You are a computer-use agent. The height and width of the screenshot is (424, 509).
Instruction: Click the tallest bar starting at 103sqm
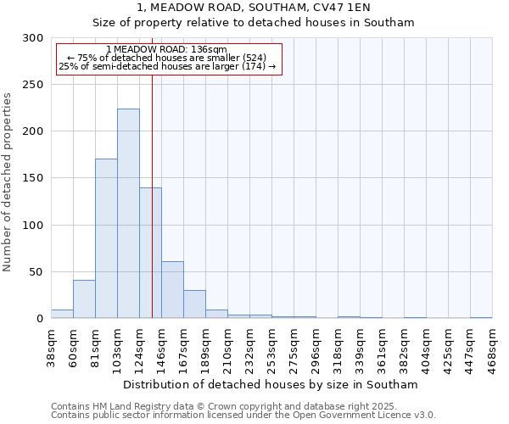(x=128, y=214)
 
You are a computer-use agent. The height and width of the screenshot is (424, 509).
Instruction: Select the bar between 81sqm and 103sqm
(x=106, y=238)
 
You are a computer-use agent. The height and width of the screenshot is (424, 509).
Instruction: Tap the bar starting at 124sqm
(x=150, y=253)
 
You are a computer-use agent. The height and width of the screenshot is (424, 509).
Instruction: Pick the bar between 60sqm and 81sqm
(x=84, y=299)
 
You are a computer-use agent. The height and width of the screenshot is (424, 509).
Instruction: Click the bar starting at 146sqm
(x=172, y=290)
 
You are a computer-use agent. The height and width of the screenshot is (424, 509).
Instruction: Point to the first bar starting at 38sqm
(x=62, y=314)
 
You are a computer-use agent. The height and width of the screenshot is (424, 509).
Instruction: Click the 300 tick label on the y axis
(x=33, y=38)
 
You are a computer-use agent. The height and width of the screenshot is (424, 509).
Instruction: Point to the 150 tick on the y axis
(x=33, y=178)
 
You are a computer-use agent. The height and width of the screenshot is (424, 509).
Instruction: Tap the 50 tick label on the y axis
(x=36, y=272)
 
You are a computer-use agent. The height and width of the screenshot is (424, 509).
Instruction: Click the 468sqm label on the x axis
(x=493, y=348)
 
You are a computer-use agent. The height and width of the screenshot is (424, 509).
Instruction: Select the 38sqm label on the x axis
(x=52, y=348)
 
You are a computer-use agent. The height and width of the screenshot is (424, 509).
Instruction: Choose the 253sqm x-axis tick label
(x=272, y=348)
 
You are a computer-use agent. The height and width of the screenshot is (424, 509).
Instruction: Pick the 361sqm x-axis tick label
(x=383, y=348)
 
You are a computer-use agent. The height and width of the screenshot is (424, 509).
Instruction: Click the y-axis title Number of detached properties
(x=8, y=182)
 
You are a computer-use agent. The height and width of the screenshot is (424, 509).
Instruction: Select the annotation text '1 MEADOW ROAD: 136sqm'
(x=167, y=50)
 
